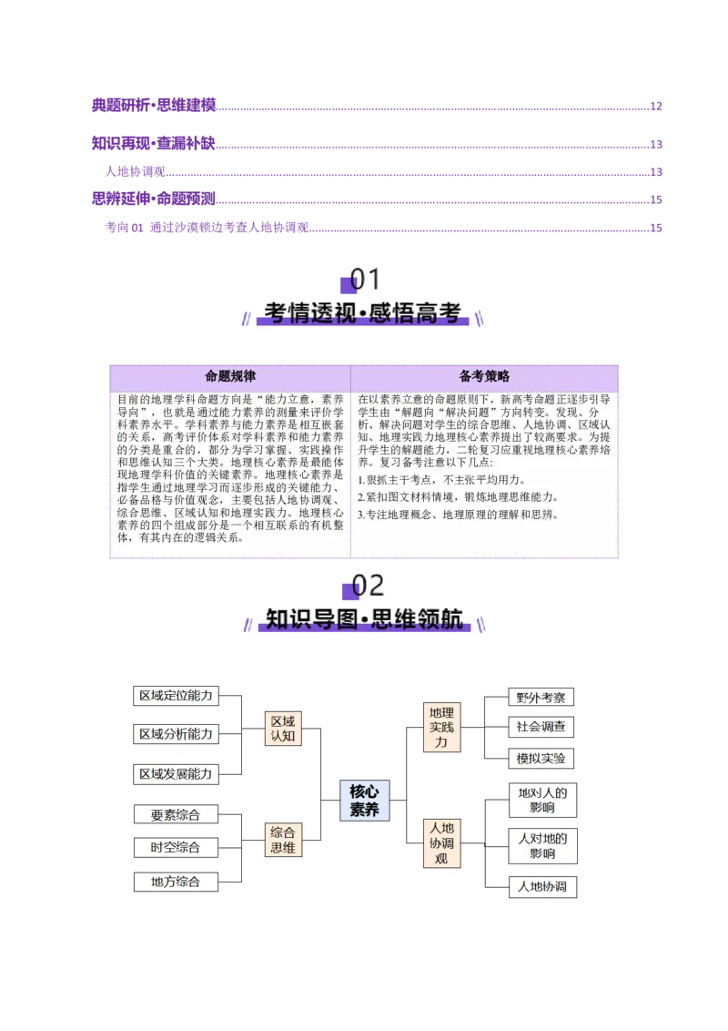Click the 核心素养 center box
(x=364, y=801)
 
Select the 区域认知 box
(x=282, y=728)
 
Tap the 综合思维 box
(x=282, y=840)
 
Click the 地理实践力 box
(x=441, y=727)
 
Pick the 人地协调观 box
(x=441, y=843)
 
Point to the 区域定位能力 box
(x=176, y=696)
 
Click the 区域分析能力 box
(x=176, y=734)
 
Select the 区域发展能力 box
(x=176, y=773)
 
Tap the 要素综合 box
(x=176, y=814)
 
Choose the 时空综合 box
(x=176, y=848)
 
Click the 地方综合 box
(x=176, y=882)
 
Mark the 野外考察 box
(x=541, y=698)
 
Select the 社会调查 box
(x=541, y=727)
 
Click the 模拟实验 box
(x=541, y=758)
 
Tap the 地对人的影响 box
(x=542, y=801)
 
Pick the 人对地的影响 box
(x=542, y=846)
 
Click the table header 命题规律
(x=230, y=376)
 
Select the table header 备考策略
(x=484, y=376)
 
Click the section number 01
(x=366, y=280)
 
